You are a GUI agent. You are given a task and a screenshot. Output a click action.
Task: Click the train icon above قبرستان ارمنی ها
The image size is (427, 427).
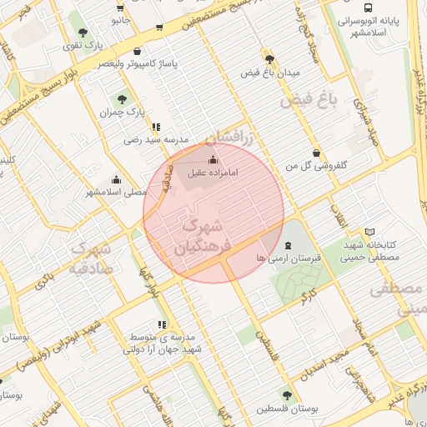[x=289, y=245]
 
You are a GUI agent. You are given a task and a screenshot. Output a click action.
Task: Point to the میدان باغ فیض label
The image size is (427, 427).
[x=269, y=73]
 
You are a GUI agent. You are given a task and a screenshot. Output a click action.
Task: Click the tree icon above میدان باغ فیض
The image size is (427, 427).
[x=269, y=59]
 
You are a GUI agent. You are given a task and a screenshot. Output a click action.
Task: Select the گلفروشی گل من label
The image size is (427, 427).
[x=316, y=167]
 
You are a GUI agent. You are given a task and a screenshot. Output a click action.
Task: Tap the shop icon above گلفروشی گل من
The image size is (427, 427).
[x=316, y=153]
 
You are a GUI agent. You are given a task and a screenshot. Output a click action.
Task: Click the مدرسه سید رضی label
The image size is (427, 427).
[x=157, y=139]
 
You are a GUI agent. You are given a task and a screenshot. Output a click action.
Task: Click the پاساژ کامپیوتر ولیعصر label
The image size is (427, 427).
[x=142, y=63]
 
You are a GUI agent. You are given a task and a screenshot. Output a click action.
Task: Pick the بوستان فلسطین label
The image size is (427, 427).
[x=287, y=409]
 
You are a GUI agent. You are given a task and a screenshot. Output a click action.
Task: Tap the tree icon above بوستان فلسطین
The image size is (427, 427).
[x=287, y=396]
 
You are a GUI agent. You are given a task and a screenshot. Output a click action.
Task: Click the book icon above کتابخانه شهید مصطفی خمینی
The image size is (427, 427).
[x=370, y=231]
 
